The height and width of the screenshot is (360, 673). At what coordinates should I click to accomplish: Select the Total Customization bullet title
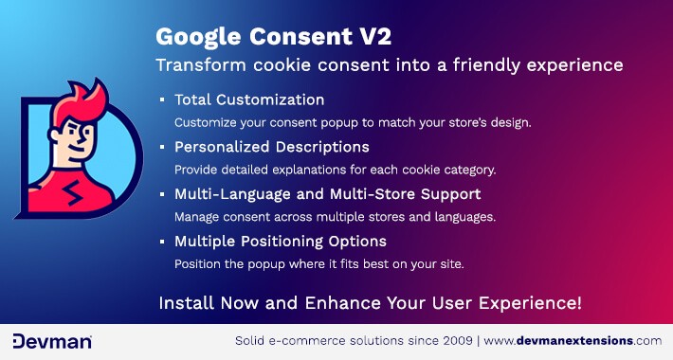pos(249,99)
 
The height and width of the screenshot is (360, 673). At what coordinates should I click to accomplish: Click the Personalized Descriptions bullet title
pos(271,147)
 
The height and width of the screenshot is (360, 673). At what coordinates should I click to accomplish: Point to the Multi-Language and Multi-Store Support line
pos(327,193)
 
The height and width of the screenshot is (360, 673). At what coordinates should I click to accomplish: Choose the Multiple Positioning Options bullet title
pos(280,241)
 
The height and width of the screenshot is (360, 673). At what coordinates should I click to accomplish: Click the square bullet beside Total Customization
pos(162,99)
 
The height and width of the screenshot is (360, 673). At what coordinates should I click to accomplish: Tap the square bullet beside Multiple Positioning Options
pos(162,241)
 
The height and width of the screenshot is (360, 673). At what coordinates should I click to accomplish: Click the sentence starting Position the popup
pos(318,263)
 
